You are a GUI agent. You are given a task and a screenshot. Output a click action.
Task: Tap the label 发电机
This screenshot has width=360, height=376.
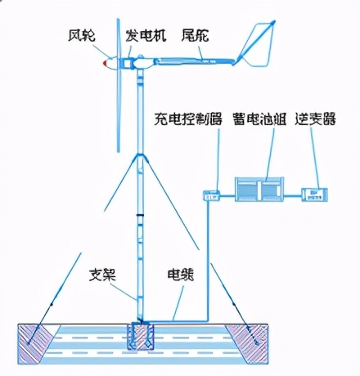click(x=146, y=35)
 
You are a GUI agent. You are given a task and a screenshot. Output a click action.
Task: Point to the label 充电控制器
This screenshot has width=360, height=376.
click(x=188, y=119)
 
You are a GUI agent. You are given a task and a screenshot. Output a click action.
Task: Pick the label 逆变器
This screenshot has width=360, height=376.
click(x=318, y=119)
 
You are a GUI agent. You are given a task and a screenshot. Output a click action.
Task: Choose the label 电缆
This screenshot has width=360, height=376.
click(x=180, y=275)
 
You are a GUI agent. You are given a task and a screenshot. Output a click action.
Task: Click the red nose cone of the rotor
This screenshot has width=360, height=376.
click(x=106, y=63)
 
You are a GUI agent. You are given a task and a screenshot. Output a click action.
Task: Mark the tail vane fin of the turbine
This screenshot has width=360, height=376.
click(x=257, y=45)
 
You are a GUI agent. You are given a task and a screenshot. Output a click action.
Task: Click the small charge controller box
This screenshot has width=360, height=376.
click(x=212, y=194)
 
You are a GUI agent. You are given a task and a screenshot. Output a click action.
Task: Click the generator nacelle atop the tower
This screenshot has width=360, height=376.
click(x=135, y=62)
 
